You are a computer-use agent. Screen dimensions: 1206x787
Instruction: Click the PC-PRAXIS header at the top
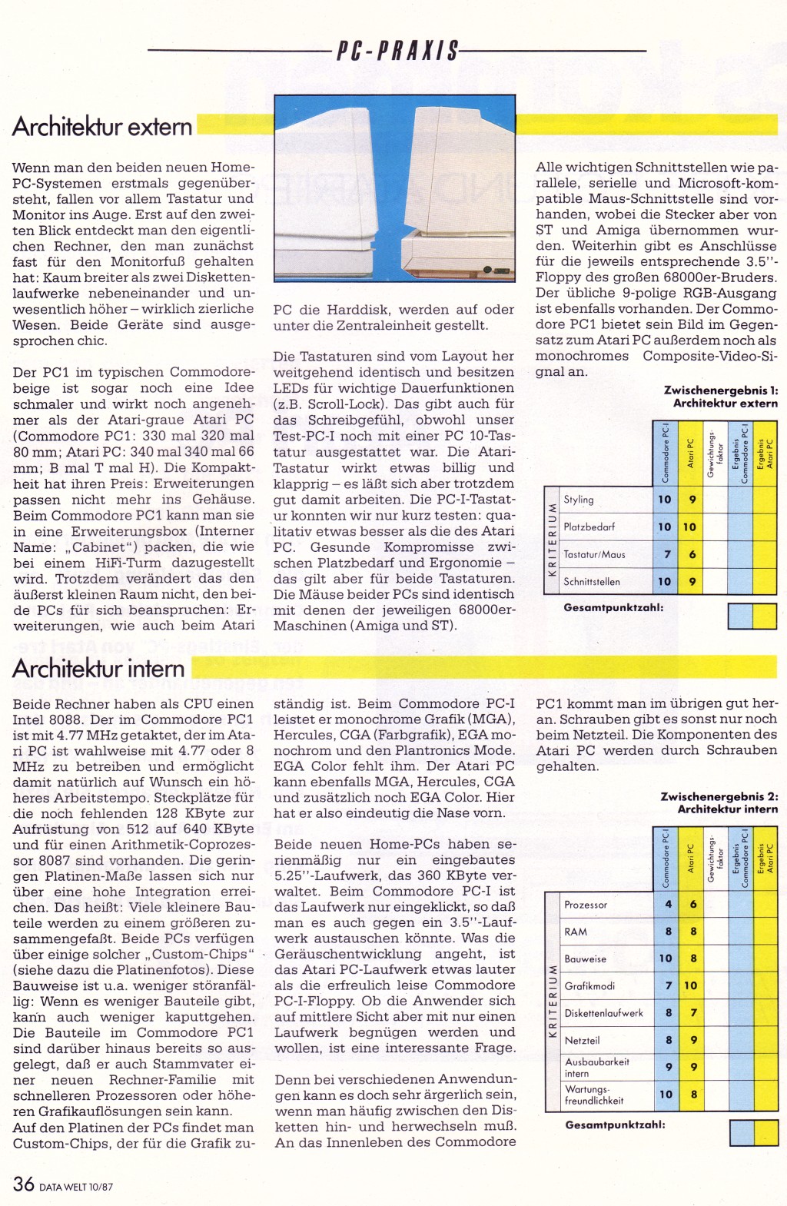[397, 51]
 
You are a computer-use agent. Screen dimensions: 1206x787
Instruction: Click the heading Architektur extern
[102, 127]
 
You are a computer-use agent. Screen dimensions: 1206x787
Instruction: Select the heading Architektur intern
[98, 669]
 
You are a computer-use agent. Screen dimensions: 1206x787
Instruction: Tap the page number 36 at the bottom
[23, 1184]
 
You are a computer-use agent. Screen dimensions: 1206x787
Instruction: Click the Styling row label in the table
[579, 500]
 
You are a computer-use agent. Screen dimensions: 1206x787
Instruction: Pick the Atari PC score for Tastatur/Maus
[692, 554]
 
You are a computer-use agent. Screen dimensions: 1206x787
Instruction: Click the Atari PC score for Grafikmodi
[692, 985]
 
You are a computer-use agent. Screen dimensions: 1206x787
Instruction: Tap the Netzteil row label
[582, 1040]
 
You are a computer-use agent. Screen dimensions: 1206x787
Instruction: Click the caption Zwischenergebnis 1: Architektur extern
[720, 397]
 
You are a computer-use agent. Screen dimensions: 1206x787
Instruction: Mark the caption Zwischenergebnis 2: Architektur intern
[719, 802]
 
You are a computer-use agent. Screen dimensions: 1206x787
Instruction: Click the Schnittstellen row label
[592, 582]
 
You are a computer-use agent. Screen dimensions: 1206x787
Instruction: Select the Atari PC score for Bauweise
[692, 958]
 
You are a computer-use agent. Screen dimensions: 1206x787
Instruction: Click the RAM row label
[576, 932]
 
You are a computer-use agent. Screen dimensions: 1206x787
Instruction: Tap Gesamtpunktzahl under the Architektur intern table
[615, 1125]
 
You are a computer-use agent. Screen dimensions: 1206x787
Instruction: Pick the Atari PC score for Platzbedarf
[690, 527]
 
